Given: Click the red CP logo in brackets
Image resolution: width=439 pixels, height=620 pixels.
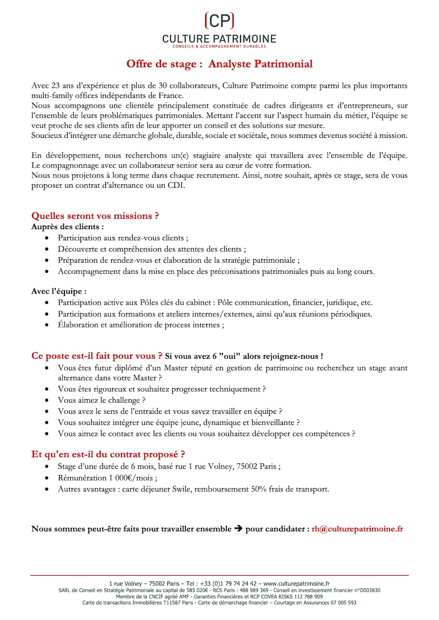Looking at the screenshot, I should coord(219,20).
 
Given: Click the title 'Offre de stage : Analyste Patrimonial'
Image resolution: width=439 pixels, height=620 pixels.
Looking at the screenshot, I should coord(219,64).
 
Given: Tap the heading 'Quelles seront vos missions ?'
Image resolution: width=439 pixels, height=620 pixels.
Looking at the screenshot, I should coord(95,215).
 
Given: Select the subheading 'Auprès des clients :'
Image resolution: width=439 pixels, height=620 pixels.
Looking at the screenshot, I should coord(67,227).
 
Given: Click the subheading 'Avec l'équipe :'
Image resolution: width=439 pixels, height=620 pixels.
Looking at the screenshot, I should coord(59,291).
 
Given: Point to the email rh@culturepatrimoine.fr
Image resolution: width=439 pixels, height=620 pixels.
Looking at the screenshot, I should coord(358,529).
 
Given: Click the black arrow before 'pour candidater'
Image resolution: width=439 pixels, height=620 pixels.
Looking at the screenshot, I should coord(239,529).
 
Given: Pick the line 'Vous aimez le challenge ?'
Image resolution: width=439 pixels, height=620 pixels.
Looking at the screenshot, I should coord(101,400).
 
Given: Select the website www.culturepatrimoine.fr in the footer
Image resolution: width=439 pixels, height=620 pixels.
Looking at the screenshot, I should coord(297,583).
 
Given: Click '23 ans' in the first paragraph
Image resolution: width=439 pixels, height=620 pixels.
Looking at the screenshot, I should coord(60,85).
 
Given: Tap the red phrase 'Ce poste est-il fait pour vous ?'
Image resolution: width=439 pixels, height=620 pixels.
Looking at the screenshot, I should coord(97,356).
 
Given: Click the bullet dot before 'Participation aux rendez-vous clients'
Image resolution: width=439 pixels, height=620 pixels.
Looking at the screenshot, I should coord(46,238).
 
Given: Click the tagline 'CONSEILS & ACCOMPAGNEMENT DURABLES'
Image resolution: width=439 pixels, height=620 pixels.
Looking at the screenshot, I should coord(219,46).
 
